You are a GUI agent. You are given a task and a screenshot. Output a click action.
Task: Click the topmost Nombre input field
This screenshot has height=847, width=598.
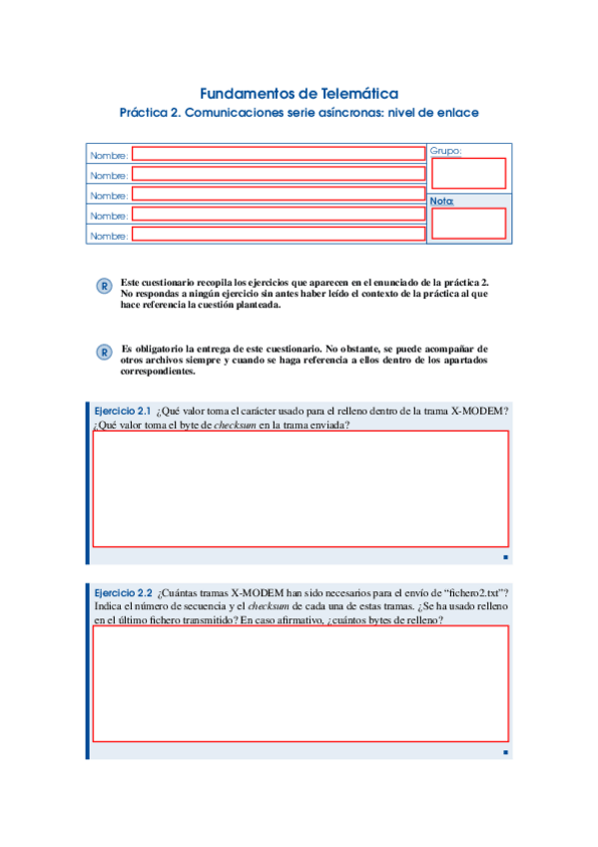[279, 154]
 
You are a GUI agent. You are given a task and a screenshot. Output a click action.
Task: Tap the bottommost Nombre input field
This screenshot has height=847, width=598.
[279, 235]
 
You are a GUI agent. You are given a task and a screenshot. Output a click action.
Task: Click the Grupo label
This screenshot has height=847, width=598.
[445, 151]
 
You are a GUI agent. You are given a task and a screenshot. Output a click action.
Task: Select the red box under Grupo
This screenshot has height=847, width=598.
[468, 174]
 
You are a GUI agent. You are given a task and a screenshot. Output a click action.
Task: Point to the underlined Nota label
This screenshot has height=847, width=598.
[441, 201]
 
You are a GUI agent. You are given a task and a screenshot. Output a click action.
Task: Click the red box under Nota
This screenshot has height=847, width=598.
[468, 224]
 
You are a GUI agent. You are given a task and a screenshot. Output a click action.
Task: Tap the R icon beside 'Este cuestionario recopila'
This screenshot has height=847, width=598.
[103, 288]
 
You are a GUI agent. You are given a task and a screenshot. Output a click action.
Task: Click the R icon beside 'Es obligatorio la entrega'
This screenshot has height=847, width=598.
[103, 353]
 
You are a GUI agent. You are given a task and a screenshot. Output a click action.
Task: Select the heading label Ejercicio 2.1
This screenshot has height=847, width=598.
[121, 412]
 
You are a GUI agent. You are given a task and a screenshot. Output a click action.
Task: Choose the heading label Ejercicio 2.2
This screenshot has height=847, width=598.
[121, 592]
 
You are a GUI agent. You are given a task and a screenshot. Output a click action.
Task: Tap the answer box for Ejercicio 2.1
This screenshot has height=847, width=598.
[299, 488]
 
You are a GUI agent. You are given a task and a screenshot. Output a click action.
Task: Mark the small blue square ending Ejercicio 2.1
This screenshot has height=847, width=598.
[506, 556]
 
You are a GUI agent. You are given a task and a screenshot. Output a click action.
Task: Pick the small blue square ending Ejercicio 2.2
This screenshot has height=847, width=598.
[506, 752]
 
